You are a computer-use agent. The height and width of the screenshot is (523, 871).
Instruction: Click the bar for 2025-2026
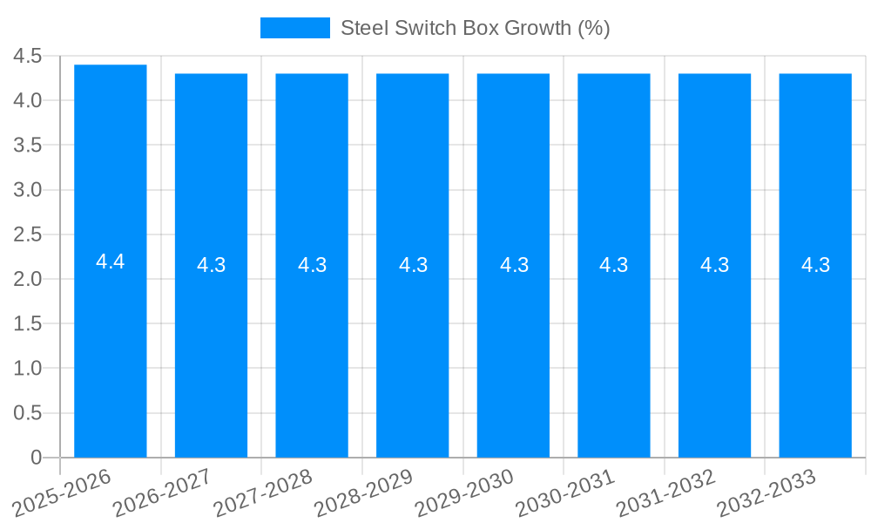click(111, 349)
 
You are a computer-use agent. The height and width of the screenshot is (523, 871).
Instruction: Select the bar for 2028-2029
click(413, 349)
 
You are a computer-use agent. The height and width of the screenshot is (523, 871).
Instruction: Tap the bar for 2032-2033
click(815, 349)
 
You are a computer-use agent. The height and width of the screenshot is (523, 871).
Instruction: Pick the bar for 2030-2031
click(614, 349)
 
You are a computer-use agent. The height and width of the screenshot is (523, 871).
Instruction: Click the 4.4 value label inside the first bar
click(111, 261)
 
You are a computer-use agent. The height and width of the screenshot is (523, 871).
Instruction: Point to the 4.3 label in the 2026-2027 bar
click(212, 265)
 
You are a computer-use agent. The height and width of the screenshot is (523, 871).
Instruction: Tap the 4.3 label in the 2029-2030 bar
click(514, 265)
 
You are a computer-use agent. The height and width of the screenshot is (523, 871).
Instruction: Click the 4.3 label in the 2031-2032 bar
click(715, 265)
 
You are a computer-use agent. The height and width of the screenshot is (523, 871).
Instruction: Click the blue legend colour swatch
click(295, 28)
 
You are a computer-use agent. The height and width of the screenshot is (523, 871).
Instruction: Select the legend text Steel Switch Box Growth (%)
click(475, 28)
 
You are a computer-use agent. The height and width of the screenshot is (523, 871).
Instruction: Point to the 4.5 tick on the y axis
click(28, 57)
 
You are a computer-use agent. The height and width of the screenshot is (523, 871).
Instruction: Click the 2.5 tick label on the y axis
click(28, 234)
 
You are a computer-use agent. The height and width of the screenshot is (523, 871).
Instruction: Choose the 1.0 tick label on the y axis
click(28, 369)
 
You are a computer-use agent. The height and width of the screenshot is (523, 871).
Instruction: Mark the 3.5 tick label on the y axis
click(28, 146)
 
